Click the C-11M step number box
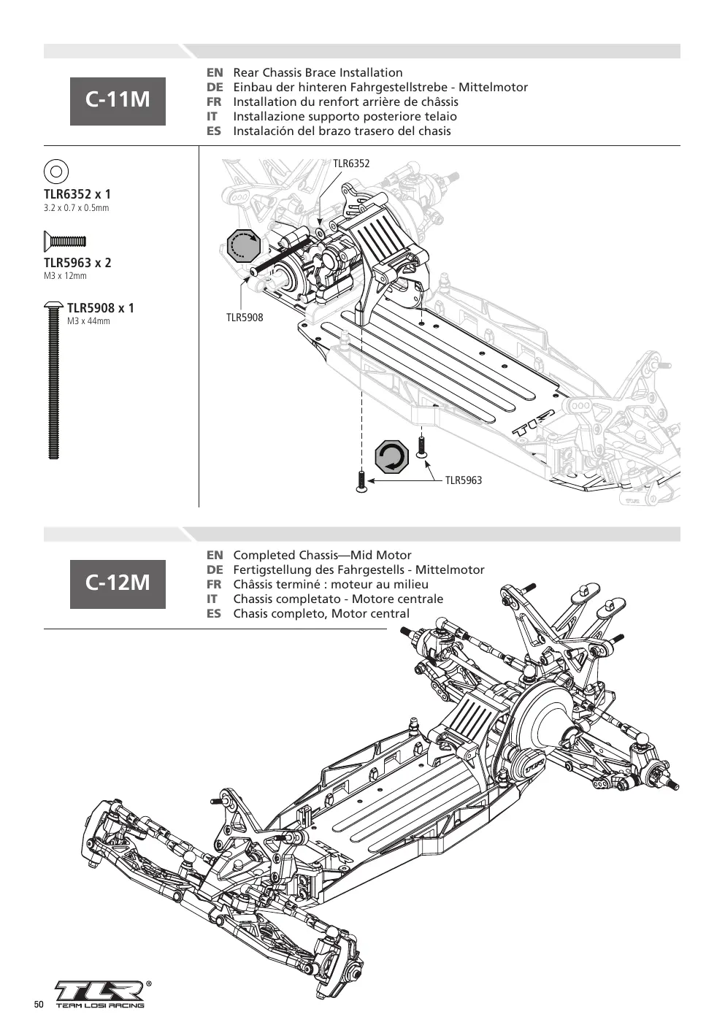pos(118,101)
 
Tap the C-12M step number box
pos(118,584)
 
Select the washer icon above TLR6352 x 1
pos(55,172)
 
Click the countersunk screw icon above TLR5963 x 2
pos(64,241)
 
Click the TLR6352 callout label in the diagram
pos(351,164)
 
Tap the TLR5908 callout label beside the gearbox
pos(245,317)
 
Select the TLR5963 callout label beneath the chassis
pos(463,480)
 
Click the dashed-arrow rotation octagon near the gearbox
pos(244,245)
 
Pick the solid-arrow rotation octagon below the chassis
pos(391,457)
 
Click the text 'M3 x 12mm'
pos(65,276)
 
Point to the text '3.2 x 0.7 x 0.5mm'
pos(77,208)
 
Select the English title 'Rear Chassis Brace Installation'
pos(318,72)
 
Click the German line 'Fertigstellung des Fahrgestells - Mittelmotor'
pos(358,569)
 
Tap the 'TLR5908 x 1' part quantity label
pos(100,308)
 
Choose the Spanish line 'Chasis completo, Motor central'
pos(321,614)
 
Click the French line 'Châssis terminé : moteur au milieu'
pos(331,584)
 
